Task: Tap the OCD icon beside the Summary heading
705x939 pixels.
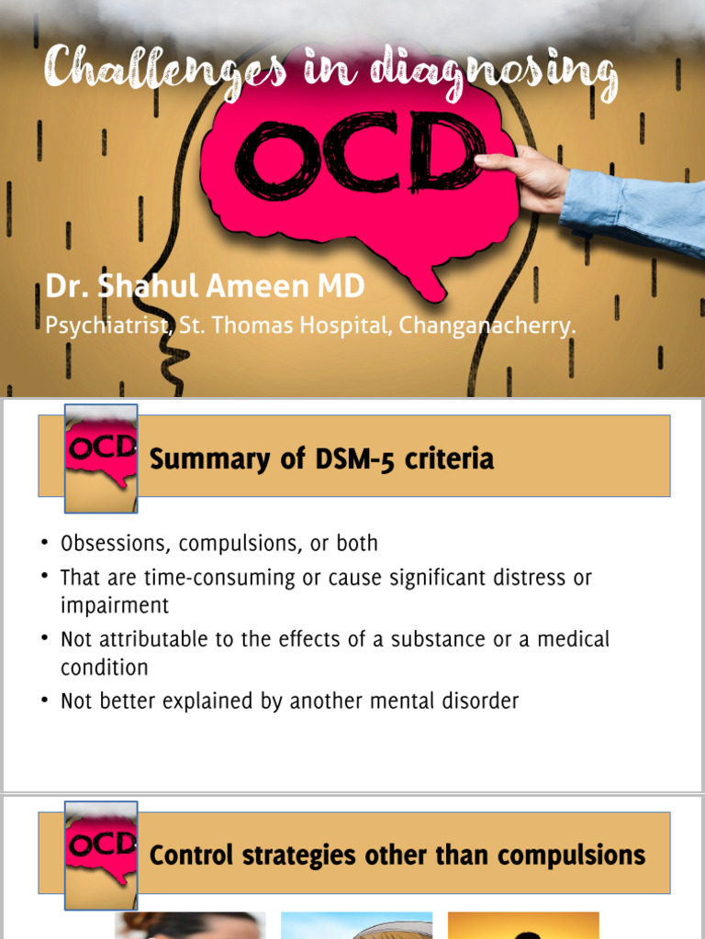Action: (x=101, y=456)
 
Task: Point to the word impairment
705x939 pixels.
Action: (x=115, y=606)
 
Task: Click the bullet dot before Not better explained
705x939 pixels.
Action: (x=45, y=701)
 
